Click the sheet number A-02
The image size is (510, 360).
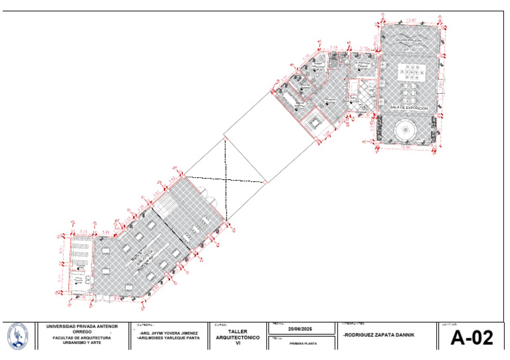coord(472,338)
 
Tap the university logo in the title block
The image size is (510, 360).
coord(18,335)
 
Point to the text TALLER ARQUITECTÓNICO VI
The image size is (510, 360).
coord(237,337)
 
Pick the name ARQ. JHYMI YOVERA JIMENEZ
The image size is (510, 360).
coord(168,332)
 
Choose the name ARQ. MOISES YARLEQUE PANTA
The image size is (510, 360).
coord(168,338)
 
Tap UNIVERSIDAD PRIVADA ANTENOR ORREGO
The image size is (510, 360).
coord(82,329)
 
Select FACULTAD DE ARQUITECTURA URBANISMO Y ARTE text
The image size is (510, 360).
coord(82,340)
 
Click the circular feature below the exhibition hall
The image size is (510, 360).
coord(406,131)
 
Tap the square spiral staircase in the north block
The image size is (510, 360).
coord(315,121)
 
